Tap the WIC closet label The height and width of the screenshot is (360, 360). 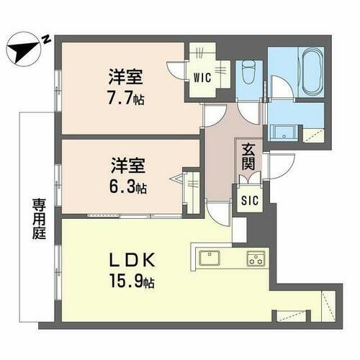point(202,79)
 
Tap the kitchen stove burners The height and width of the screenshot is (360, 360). point(255,258)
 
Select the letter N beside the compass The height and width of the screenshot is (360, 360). point(45,40)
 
